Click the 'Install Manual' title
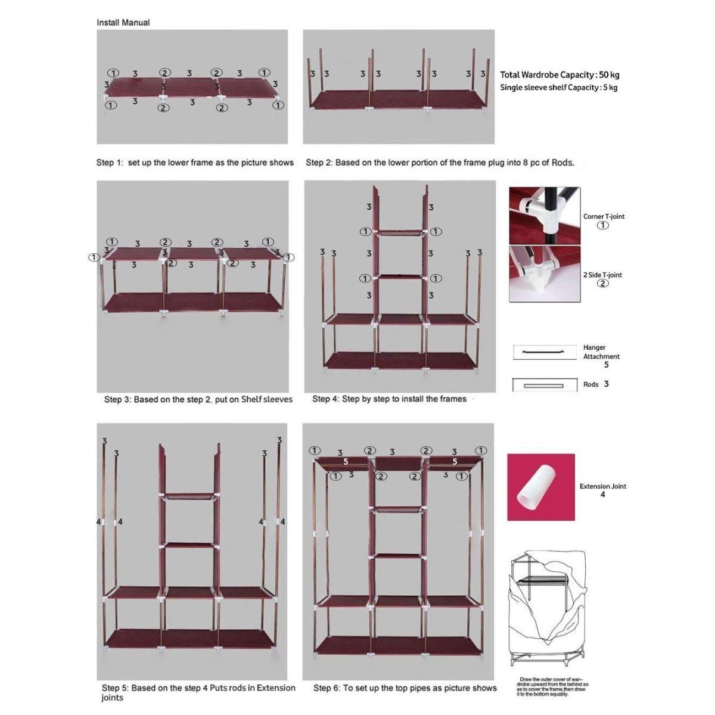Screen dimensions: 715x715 (123, 23)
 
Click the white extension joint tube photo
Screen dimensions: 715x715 (541, 487)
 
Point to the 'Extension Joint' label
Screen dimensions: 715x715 (602, 486)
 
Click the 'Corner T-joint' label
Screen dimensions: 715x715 (604, 217)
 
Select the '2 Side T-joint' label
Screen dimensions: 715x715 (602, 275)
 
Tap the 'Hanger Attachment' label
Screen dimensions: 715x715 (601, 352)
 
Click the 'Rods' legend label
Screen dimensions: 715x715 (591, 385)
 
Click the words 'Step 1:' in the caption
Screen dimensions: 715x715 (109, 163)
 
